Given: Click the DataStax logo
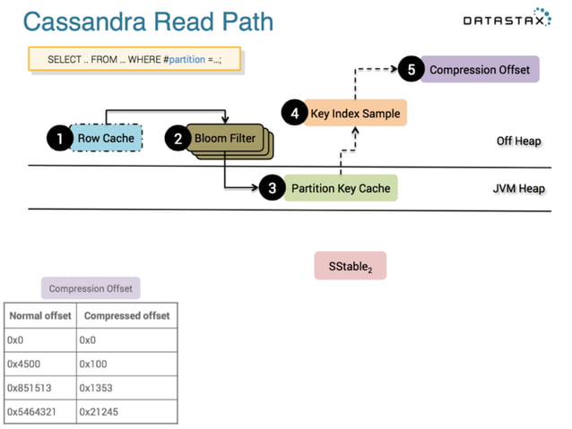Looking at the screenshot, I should coord(507,19).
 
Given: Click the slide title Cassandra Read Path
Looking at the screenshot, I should coord(148,21).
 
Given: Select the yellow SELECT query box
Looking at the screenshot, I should coord(134,59).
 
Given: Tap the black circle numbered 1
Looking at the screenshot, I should coord(59,138).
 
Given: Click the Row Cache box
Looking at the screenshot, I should coord(106,138).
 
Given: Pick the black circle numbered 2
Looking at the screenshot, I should coord(178,139).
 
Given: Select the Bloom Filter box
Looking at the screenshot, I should coord(226,139).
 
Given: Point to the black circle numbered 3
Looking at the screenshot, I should coord(273,188).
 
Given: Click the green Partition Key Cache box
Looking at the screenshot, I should coord(341,188).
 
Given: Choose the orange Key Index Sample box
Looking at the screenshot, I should coord(356,114).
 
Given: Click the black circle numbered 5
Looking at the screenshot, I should coord(410,70).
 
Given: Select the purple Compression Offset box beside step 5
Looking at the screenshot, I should coord(480,70).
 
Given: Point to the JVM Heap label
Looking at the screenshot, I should coord(518,189).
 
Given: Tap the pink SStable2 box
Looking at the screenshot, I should coord(350,266).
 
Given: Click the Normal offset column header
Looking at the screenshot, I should coord(39,316).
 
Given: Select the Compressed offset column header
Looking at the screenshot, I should coord(125,316).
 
